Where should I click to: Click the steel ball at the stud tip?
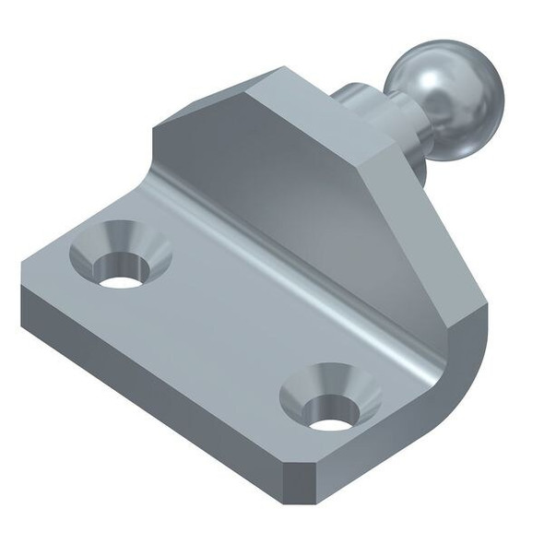click(445, 97)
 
